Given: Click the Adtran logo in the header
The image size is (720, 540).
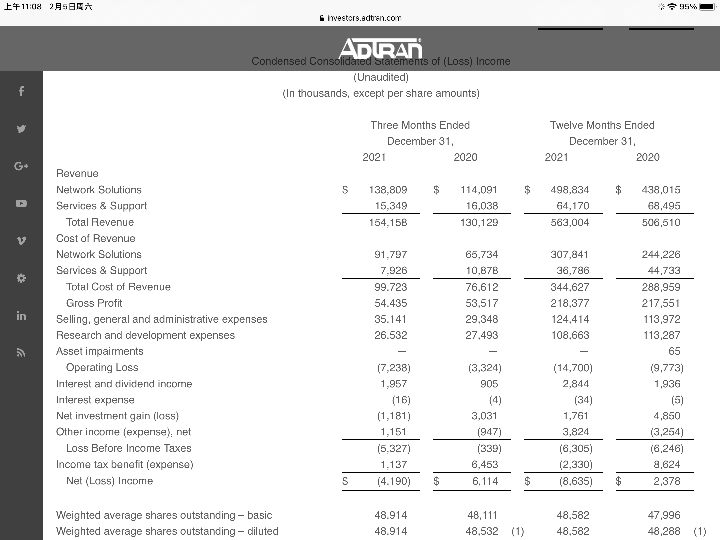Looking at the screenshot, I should (x=381, y=49).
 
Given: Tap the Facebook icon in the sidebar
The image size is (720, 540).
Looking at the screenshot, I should (x=21, y=91).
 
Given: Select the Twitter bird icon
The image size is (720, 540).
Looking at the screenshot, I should (x=21, y=129).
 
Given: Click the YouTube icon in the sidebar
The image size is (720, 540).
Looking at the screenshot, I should (x=21, y=203).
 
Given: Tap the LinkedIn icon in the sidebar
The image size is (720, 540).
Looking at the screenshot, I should (x=21, y=315).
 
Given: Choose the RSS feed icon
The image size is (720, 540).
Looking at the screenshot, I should (x=21, y=353).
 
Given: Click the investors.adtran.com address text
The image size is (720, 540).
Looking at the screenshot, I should (x=364, y=18).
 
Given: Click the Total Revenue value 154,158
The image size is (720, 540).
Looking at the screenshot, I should (x=388, y=222).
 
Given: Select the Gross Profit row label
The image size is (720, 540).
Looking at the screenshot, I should (x=94, y=303).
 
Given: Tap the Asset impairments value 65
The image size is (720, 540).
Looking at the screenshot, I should (x=674, y=351).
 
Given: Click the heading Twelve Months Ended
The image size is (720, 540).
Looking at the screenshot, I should (x=602, y=125).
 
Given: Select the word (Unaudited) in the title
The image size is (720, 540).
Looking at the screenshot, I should (x=381, y=77).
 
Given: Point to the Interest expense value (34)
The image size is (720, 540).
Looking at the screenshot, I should (x=583, y=400).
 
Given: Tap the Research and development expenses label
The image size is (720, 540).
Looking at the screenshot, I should (x=145, y=335).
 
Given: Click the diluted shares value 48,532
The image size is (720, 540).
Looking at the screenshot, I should (x=482, y=531).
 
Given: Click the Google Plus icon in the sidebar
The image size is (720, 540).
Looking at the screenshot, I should (x=21, y=166).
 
